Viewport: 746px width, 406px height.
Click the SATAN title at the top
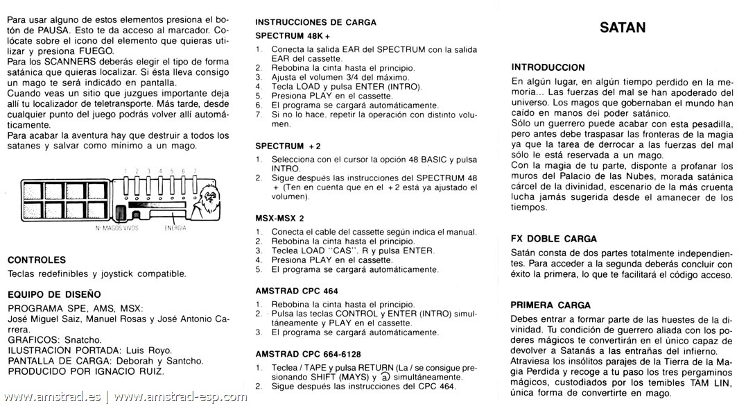point(623,28)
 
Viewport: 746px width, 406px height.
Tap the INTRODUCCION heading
point(548,67)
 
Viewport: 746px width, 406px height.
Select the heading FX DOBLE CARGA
point(553,239)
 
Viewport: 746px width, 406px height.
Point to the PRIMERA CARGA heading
point(550,305)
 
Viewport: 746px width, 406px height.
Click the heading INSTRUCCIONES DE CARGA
point(316,22)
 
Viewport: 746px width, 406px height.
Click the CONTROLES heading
point(36,260)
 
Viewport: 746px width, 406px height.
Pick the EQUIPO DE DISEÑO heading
point(54,294)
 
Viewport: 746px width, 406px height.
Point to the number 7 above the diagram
point(196,170)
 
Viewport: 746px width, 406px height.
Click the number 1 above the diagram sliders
point(125,170)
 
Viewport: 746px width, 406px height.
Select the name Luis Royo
point(150,350)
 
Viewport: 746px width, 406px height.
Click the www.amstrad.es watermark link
point(52,398)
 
